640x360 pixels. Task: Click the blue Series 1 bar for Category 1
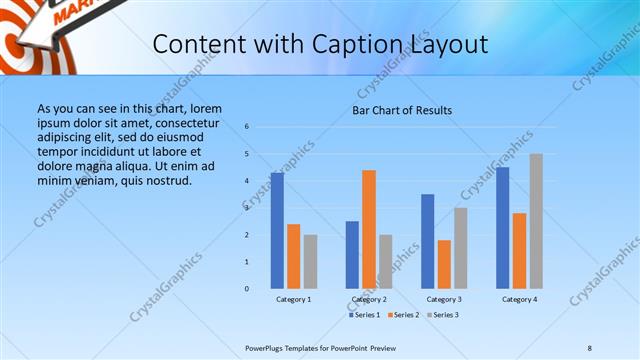click(x=277, y=231)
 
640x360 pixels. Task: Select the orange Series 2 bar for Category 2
click(x=369, y=229)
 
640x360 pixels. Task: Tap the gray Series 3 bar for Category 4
click(x=536, y=221)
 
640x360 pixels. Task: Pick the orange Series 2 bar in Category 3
click(x=444, y=264)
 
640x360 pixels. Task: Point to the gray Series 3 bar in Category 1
click(x=310, y=261)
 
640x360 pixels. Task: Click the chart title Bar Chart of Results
click(x=402, y=110)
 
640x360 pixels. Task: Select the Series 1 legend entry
click(x=366, y=315)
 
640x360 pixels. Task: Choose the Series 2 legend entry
click(x=402, y=315)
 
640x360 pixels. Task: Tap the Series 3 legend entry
click(x=441, y=315)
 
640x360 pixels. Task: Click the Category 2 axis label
click(x=369, y=299)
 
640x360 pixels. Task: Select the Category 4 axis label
click(x=519, y=299)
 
